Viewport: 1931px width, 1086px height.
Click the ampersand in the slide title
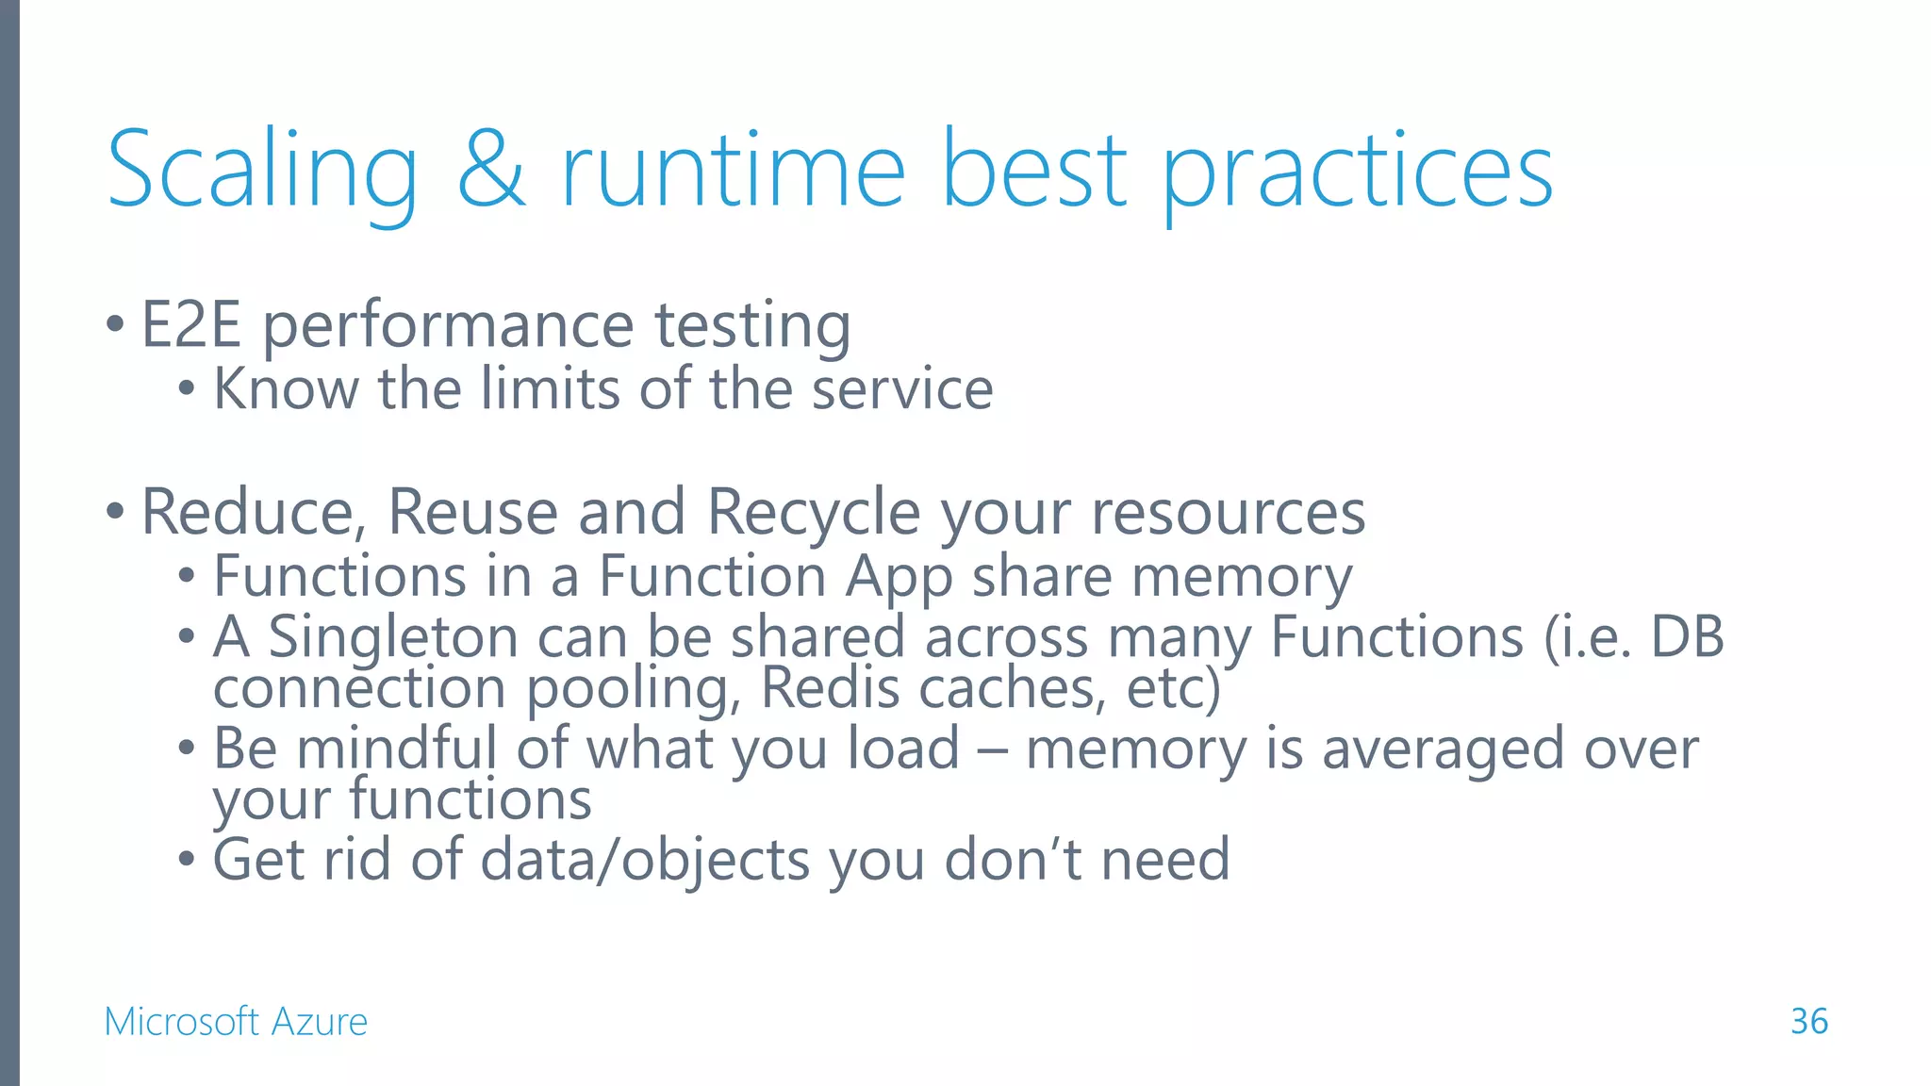point(491,171)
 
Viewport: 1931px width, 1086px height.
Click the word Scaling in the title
point(262,171)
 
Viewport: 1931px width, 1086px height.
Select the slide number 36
point(1808,1021)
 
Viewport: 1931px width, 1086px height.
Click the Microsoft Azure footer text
point(236,1021)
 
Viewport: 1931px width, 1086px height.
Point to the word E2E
point(191,325)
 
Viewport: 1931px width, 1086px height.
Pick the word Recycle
point(813,513)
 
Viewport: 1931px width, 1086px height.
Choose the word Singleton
point(393,637)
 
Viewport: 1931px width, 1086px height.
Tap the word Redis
point(830,688)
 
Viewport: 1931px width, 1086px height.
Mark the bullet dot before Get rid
point(187,860)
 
